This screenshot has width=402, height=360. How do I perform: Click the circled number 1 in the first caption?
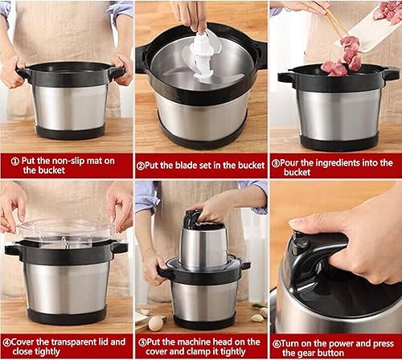(14, 158)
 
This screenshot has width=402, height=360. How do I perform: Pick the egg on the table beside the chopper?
(156, 322)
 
